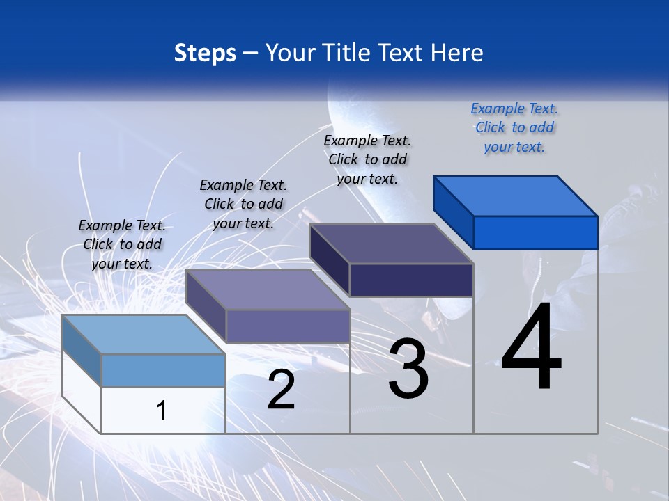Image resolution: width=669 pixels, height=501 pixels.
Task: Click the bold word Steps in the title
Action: (x=205, y=53)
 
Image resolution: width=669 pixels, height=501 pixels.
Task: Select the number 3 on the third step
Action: (x=408, y=369)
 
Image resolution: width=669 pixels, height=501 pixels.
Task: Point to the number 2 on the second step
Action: (x=281, y=390)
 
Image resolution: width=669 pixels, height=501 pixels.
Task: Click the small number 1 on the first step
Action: (x=161, y=411)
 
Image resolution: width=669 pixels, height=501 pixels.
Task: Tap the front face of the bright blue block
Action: (x=535, y=232)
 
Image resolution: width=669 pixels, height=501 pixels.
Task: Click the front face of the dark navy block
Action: (x=411, y=280)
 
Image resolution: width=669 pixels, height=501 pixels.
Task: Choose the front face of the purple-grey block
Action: (x=288, y=326)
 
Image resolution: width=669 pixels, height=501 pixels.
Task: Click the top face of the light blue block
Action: (x=143, y=335)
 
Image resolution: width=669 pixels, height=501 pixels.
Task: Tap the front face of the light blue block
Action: (x=163, y=370)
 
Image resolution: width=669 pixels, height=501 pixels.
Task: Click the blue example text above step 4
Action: (x=514, y=127)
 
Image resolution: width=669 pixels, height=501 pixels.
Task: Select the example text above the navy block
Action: (x=367, y=159)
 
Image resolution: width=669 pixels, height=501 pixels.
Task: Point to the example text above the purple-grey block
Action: (x=243, y=204)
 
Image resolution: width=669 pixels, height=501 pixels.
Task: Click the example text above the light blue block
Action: (x=122, y=244)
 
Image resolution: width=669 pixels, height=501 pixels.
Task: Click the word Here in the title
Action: (x=457, y=53)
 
